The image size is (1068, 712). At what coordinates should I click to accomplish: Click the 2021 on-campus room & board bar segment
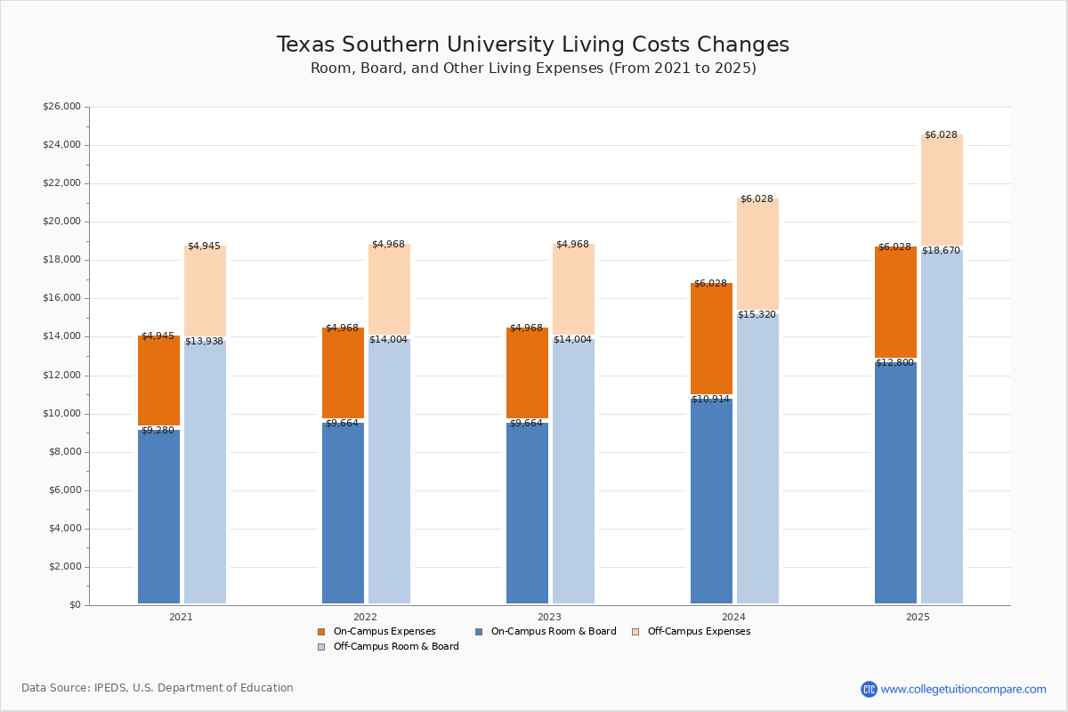point(158,516)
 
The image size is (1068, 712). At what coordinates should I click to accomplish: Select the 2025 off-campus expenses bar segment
point(942,191)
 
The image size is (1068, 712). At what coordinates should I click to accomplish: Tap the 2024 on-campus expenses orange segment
point(711,338)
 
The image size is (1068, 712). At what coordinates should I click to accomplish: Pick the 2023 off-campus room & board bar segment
point(573,472)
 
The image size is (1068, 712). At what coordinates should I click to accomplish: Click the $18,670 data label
point(941,251)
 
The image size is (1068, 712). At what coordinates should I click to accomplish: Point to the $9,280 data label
point(158,431)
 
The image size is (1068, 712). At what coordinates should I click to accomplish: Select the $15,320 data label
point(756,315)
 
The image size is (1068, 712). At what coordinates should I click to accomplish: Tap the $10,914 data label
point(710,400)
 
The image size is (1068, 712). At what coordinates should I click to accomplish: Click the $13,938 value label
point(204,342)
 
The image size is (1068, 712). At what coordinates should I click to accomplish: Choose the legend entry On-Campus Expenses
point(384,632)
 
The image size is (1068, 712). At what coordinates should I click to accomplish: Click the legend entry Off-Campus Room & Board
point(395,647)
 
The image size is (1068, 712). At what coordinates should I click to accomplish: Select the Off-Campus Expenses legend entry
point(698,632)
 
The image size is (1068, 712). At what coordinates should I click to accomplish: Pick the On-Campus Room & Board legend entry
point(553,632)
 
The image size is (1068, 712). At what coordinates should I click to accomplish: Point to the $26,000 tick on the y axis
point(61,107)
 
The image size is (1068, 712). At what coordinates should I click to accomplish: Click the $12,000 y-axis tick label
point(61,376)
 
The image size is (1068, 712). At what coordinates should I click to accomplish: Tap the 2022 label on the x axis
point(365,617)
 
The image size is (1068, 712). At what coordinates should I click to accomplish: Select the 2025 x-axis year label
point(918,617)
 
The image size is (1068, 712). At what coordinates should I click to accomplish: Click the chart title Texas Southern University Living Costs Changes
point(532,45)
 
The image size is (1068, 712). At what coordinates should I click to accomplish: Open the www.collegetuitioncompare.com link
point(963,689)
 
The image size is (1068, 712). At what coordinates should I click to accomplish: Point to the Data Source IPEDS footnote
point(158,688)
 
